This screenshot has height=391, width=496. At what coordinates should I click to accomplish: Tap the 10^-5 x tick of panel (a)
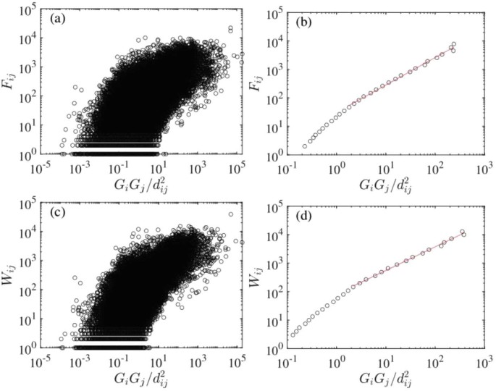coord(46,167)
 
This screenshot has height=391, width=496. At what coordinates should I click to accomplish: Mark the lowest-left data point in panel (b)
coord(305,146)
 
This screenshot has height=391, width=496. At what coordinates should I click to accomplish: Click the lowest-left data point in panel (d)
coord(293,335)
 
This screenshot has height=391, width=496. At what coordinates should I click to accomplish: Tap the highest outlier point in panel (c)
coord(231,214)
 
